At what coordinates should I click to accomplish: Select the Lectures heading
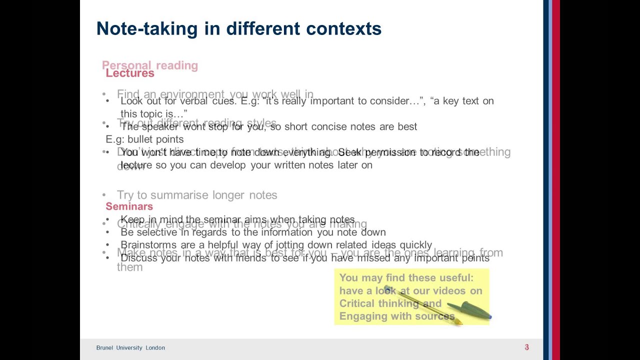(130, 73)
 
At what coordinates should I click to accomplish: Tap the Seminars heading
(129, 206)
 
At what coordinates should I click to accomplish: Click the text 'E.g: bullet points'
(144, 139)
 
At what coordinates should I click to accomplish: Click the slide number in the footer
(526, 347)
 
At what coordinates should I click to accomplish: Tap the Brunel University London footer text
(130, 348)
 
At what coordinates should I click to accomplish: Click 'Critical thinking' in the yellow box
(379, 303)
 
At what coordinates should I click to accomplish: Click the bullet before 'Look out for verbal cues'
(107, 101)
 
